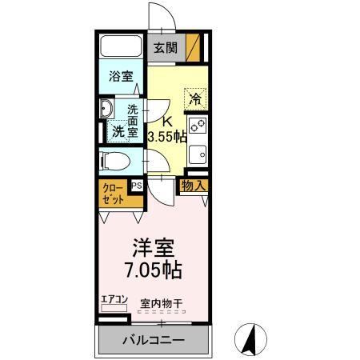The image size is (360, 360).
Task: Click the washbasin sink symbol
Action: (106, 110)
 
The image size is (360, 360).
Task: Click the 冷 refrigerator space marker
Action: (194, 98)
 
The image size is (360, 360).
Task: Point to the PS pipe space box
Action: (136, 186)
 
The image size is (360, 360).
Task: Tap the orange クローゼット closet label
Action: (113, 193)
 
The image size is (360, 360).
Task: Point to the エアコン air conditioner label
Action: (114, 300)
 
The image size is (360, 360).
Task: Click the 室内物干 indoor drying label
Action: (161, 303)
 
